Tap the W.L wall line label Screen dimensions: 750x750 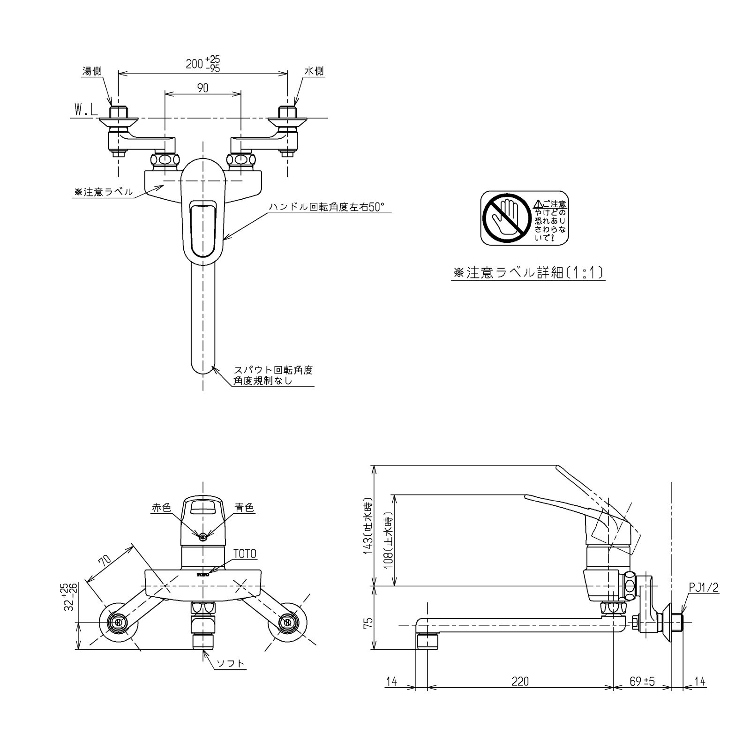[85, 110]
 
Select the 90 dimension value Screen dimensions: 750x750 [202, 88]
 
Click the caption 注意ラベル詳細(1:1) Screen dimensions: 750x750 [528, 273]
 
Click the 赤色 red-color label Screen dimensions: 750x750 [161, 507]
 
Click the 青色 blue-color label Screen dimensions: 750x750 [245, 507]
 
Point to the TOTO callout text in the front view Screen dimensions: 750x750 [245, 554]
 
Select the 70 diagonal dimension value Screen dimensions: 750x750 [105, 560]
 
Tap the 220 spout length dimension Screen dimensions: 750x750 [520, 681]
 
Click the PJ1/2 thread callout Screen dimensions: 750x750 [704, 587]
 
